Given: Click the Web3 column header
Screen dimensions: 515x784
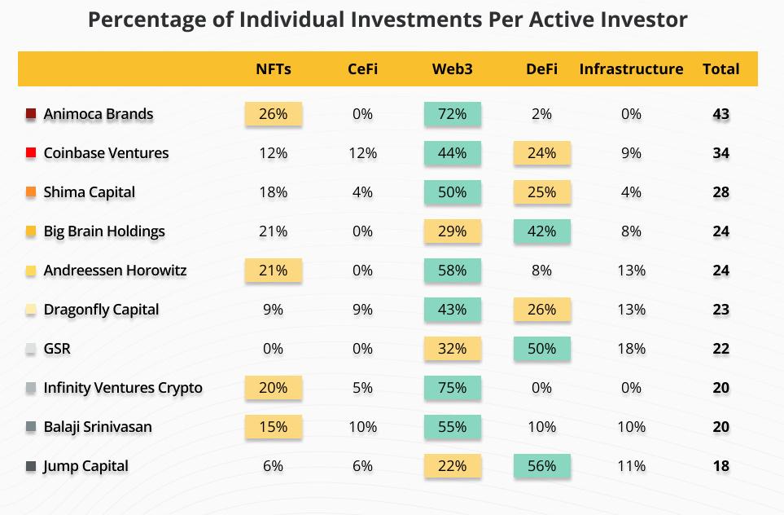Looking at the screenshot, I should [x=452, y=69].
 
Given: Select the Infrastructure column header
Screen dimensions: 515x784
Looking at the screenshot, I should [x=631, y=69].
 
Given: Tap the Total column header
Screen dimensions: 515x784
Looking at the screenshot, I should [x=720, y=69].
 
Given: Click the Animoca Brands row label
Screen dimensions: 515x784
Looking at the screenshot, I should [x=98, y=114].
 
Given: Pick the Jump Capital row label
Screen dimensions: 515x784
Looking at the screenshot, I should [x=85, y=466].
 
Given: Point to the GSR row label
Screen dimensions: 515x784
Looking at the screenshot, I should [x=57, y=349].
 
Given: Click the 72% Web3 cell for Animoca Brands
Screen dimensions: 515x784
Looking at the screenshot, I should [x=452, y=114].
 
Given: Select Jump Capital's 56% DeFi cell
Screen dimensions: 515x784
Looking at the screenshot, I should [x=541, y=466].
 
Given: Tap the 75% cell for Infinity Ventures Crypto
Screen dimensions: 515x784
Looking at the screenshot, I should [x=452, y=388].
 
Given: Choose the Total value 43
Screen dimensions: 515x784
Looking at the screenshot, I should [x=720, y=114].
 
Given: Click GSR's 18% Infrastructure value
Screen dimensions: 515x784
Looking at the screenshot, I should [x=631, y=349].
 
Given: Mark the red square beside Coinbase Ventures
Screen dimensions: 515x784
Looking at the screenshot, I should [x=31, y=153].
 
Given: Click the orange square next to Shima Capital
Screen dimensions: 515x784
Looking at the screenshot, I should [x=31, y=192].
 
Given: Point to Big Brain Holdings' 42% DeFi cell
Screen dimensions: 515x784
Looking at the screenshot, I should [x=541, y=231].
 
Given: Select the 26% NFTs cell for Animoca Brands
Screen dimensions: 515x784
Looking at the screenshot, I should [x=273, y=114].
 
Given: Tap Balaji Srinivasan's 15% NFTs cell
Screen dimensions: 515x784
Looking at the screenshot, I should [x=273, y=427].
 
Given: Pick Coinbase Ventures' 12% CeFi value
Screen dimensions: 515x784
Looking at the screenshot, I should [x=362, y=153].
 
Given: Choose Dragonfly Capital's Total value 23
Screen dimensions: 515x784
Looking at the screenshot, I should [x=720, y=310].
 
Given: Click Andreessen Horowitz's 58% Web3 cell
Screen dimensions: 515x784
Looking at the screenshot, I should [x=452, y=271].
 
